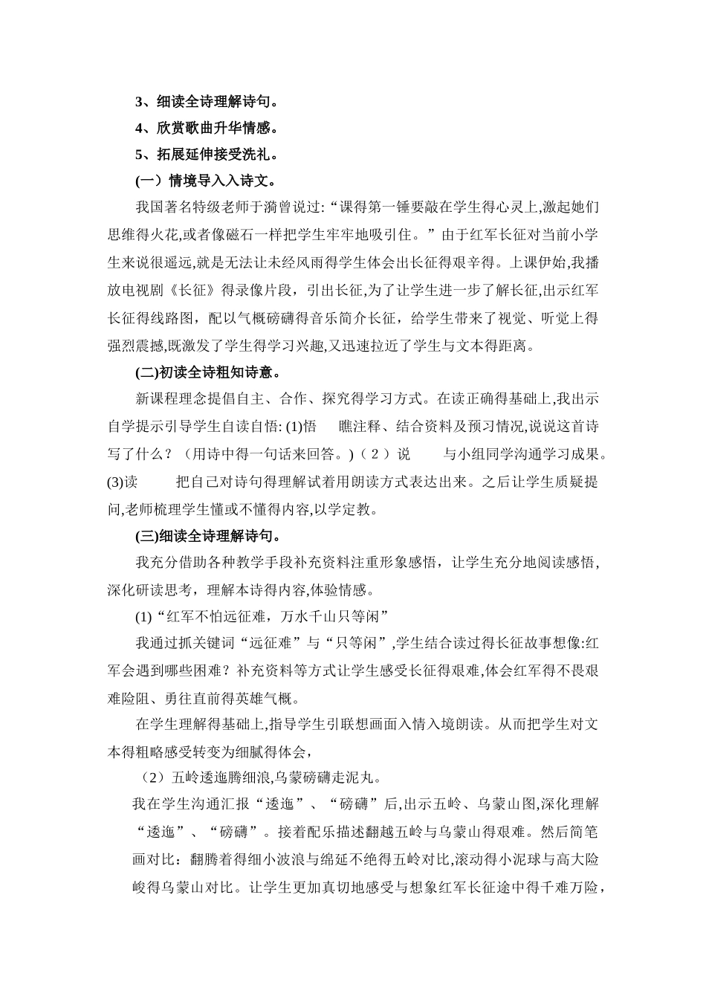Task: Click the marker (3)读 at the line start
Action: pos(123,482)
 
